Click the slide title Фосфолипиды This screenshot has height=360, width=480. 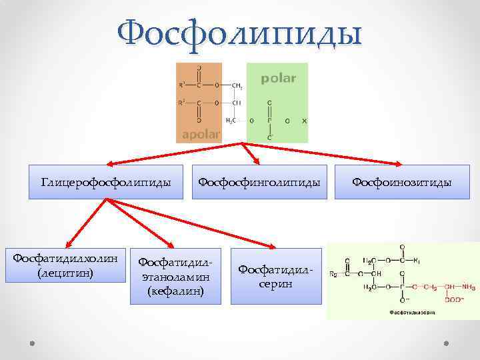(239, 33)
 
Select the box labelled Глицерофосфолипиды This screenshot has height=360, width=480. (106, 182)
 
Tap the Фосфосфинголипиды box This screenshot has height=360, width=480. (259, 182)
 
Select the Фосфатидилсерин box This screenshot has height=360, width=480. (275, 276)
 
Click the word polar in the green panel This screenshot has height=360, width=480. (278, 79)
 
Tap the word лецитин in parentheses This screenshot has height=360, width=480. (65, 273)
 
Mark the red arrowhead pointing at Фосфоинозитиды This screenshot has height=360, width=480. (399, 163)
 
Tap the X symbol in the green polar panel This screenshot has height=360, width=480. (304, 121)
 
